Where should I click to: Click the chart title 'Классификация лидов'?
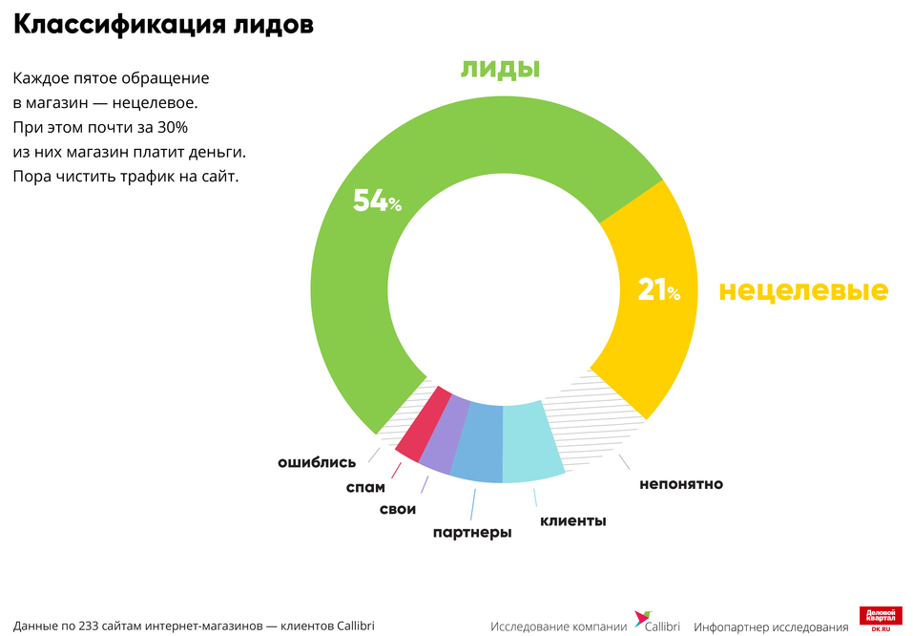point(163,26)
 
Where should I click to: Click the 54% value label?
point(377,201)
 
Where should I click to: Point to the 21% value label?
point(659,291)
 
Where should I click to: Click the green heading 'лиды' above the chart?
point(501,68)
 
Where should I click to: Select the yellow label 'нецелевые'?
point(803,290)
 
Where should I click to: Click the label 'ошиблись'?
point(317,461)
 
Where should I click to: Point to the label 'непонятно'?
point(681,484)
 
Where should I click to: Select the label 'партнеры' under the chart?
point(471,532)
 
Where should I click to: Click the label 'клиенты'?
point(573,520)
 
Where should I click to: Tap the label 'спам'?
point(365,487)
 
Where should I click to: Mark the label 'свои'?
point(398,509)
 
